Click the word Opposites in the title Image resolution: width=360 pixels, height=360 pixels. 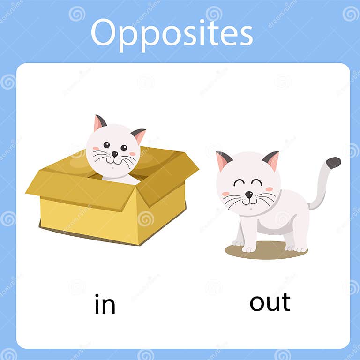point(171,33)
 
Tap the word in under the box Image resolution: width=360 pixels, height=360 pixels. point(105,305)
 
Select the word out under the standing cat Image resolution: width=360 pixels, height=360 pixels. point(270,302)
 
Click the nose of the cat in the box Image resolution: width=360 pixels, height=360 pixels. point(114,154)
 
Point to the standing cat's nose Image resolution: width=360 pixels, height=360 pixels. point(248,194)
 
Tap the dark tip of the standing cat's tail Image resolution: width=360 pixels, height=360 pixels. point(333,162)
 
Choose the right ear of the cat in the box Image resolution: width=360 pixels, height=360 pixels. point(139,135)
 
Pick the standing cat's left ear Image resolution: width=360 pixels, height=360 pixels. point(223,160)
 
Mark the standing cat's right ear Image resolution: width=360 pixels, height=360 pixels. point(271,159)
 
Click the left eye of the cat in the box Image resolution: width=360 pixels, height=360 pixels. point(107,145)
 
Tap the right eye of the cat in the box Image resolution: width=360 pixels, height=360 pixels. point(124,148)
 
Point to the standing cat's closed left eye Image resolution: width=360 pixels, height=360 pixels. point(239,182)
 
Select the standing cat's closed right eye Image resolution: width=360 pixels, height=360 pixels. point(256,182)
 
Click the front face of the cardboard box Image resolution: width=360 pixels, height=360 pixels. point(89,216)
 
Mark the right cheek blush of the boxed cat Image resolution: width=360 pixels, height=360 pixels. point(132,154)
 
